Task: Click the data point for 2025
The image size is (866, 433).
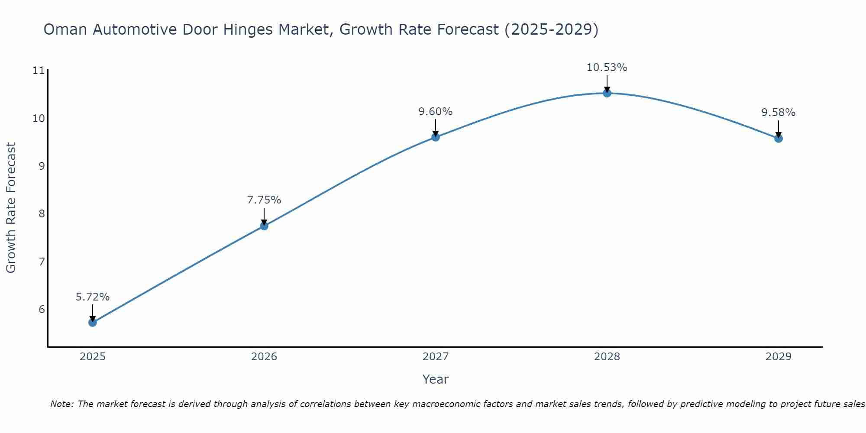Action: coord(92,322)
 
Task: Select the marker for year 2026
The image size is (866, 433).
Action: coord(264,226)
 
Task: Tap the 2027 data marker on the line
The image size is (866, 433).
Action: coord(435,137)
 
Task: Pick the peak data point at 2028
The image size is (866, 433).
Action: coord(607,93)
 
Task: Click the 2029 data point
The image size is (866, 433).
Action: coord(778,138)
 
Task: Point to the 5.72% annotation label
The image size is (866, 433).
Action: coord(92,297)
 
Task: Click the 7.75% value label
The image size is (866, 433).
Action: coord(264,200)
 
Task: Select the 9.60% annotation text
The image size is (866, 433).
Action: coord(435,112)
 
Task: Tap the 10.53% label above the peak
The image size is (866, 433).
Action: coord(607,68)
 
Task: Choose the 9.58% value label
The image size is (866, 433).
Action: coord(778,113)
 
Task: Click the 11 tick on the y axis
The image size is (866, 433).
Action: coord(39,71)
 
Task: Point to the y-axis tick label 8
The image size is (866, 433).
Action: coord(42,214)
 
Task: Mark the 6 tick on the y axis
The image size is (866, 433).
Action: coord(42,309)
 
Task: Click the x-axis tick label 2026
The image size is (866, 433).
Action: coord(264,357)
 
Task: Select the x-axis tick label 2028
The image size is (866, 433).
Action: coord(607,357)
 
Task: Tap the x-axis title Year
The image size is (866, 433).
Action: coord(435,379)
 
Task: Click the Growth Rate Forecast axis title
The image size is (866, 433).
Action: coord(11,208)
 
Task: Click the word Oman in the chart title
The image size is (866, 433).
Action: coord(65,29)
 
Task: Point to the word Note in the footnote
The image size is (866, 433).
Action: coord(62,404)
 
